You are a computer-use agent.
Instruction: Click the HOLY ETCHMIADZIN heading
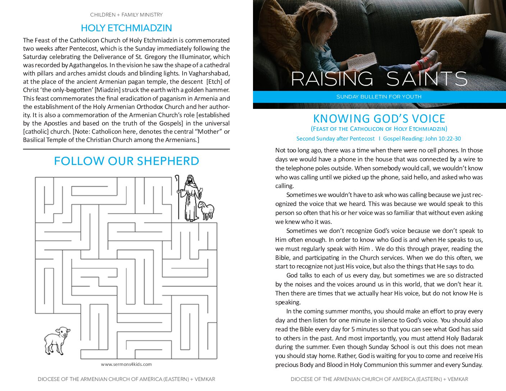[126, 28]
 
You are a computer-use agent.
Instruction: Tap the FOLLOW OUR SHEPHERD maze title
[126, 161]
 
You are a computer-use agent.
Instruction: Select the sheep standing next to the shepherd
[206, 210]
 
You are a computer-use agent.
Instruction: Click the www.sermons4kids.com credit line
[126, 364]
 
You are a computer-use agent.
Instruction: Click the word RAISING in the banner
[332, 79]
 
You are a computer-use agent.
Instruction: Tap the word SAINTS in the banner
[427, 79]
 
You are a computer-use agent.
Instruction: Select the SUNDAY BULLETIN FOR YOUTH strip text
[379, 97]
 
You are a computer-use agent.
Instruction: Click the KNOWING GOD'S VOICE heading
[379, 119]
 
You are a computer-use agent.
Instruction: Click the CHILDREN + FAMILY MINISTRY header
[126, 15]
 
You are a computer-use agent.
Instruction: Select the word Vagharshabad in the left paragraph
[209, 73]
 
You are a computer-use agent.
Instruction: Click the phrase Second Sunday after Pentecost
[335, 139]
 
